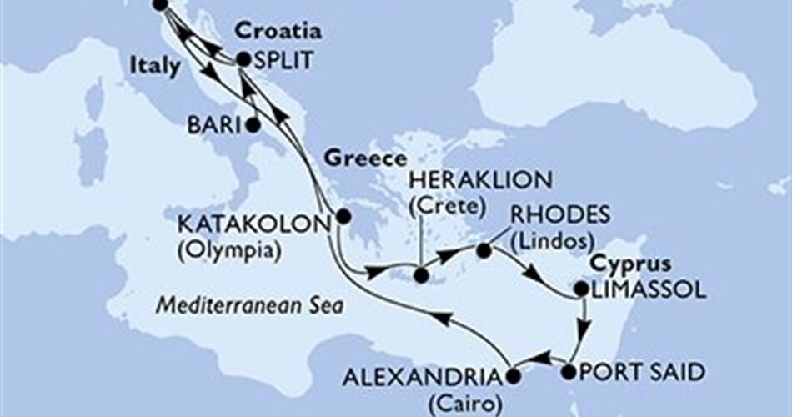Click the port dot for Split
243,59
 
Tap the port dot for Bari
253,127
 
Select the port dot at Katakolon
343,217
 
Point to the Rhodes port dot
484,249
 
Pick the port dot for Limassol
581,289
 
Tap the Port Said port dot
570,372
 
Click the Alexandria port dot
512,376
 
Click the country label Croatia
278,32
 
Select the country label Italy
154,66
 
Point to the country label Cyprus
630,265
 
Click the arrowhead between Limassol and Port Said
584,327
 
